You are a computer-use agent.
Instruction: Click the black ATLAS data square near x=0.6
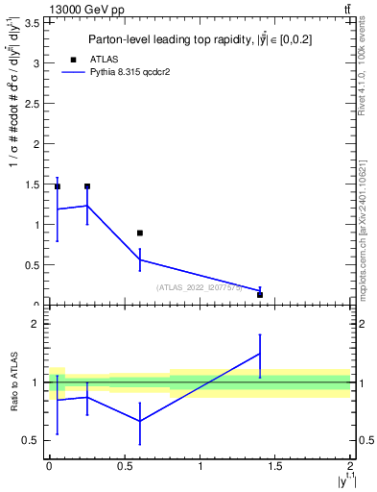(140, 233)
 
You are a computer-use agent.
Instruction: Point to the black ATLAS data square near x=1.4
(260, 295)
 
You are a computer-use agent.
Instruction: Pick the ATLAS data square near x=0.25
(87, 186)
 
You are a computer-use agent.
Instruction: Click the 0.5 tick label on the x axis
(125, 466)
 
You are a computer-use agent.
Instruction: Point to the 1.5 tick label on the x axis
(275, 466)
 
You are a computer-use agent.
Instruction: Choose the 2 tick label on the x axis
(350, 466)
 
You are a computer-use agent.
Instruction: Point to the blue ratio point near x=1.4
(260, 354)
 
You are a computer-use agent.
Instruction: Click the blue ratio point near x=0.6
(140, 421)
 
